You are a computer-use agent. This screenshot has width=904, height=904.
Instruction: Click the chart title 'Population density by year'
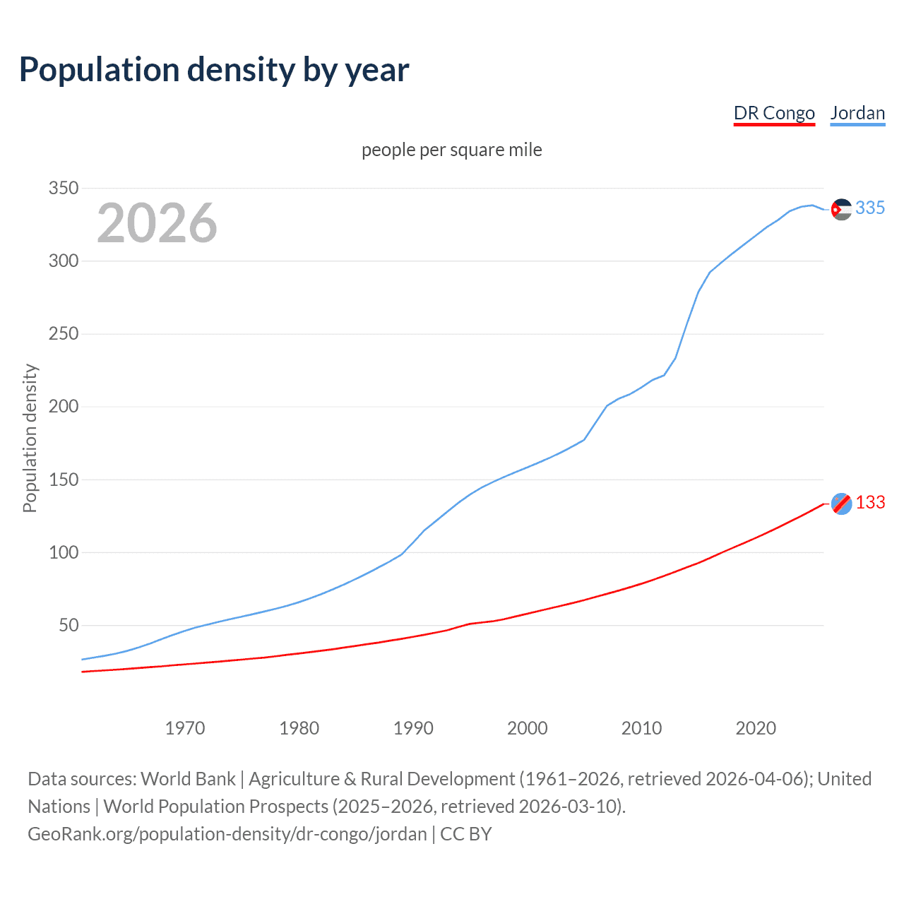click(214, 70)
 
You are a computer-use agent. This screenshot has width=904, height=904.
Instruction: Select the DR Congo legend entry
click(774, 113)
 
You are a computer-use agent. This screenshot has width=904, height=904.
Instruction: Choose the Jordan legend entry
click(857, 113)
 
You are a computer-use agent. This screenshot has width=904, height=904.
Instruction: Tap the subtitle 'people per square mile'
click(452, 150)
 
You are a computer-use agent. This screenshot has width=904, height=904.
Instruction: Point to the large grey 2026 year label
click(157, 223)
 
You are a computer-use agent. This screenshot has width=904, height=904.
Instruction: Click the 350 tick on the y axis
click(63, 189)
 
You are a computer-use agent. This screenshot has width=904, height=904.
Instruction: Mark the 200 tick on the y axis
click(63, 407)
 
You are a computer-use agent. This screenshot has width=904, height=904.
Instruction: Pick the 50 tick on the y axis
click(68, 626)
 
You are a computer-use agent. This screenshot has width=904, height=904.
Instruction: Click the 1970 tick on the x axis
click(185, 728)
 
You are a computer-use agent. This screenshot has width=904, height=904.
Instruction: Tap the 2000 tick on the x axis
click(528, 728)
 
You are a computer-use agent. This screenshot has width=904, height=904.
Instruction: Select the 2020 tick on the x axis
click(756, 728)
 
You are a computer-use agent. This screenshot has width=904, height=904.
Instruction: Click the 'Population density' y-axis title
click(30, 438)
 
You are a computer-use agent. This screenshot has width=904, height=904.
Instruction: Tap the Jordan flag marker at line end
click(841, 209)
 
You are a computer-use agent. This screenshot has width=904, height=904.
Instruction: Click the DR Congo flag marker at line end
click(841, 504)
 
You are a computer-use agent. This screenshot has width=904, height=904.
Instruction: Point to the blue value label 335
click(870, 208)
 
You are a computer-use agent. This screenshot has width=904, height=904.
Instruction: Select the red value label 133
click(870, 503)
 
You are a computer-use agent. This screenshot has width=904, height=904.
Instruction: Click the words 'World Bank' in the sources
click(188, 779)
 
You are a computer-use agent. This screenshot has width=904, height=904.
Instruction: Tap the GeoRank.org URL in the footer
click(227, 834)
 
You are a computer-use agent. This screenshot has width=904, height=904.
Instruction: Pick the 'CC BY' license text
click(466, 834)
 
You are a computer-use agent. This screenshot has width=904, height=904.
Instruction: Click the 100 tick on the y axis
click(63, 553)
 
